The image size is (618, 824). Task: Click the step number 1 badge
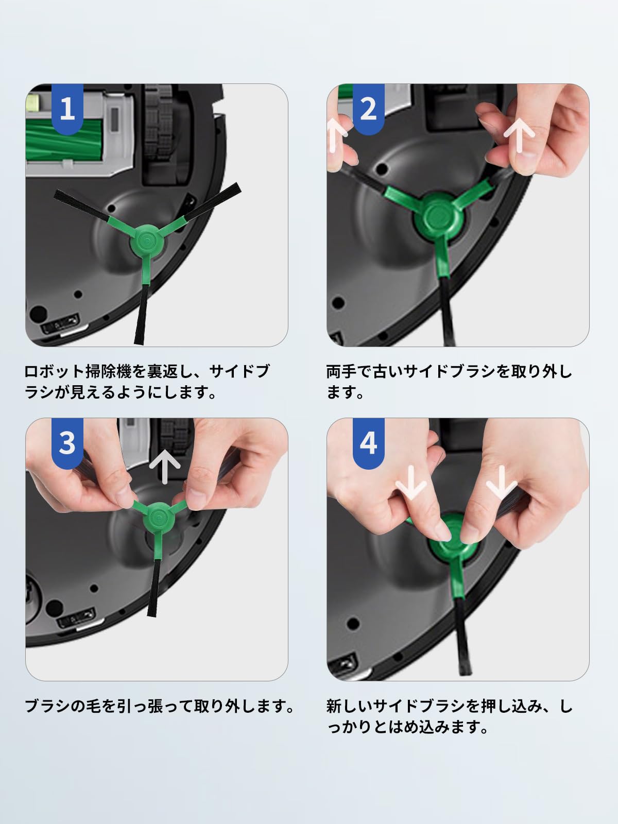67,109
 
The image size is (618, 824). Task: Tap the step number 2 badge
368,109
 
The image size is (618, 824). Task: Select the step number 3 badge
67,443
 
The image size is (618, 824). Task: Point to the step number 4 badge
368,443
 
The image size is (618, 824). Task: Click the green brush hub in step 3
159,518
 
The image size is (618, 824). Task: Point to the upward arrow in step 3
165,469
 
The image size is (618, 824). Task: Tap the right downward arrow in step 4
502,483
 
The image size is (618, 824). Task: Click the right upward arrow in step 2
519,137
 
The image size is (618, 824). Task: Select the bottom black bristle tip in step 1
139,340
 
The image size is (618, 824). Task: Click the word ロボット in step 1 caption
54,371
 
